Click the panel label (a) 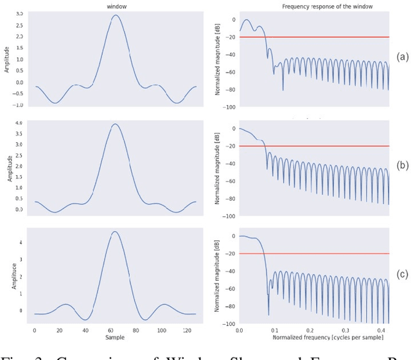pos(403,56)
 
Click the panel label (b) pos(403,165)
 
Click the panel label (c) pos(403,274)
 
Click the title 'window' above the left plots pos(116,6)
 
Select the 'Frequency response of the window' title pos(318,6)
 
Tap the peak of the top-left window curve pos(115,15)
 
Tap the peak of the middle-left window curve pos(115,124)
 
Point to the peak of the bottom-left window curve pos(115,232)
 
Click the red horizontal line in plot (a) pos(315,37)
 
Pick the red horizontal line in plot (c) pos(315,254)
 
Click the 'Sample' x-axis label pos(115,337)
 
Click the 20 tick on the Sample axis pos(60,329)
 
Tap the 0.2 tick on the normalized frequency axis pos(309,329)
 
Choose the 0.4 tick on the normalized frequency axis pos(379,329)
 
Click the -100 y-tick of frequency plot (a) pos(229,107)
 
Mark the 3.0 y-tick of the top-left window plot pos(19,13)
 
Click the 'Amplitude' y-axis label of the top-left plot pos(8,59)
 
